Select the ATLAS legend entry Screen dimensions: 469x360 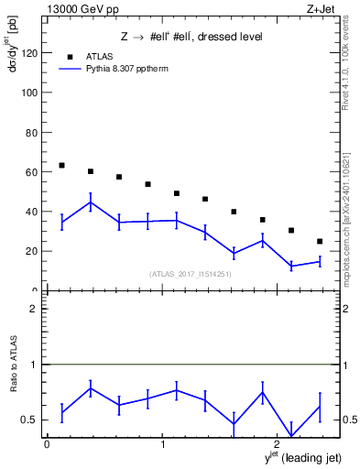pyautogui.click(x=102, y=55)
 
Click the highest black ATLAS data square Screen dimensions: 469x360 pyautogui.click(x=61, y=165)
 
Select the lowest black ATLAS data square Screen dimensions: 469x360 pyautogui.click(x=319, y=241)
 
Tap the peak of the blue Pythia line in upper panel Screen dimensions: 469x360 pyautogui.click(x=90, y=202)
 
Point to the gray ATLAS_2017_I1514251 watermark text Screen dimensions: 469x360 pyautogui.click(x=191, y=273)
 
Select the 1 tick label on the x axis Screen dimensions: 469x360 pyautogui.click(x=163, y=444)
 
